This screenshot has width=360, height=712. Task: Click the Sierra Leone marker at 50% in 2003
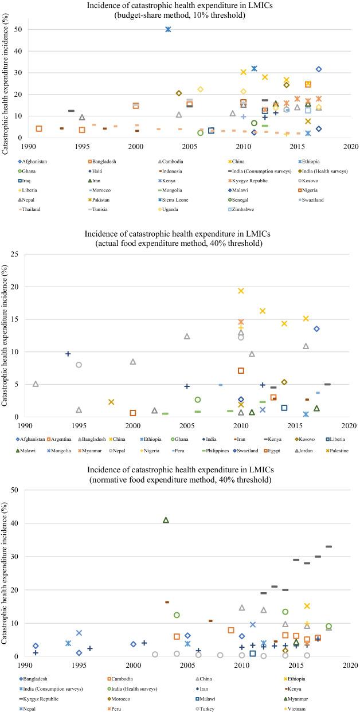[168, 29]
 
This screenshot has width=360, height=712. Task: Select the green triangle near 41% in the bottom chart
[166, 520]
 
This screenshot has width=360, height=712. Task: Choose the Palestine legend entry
[332, 451]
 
